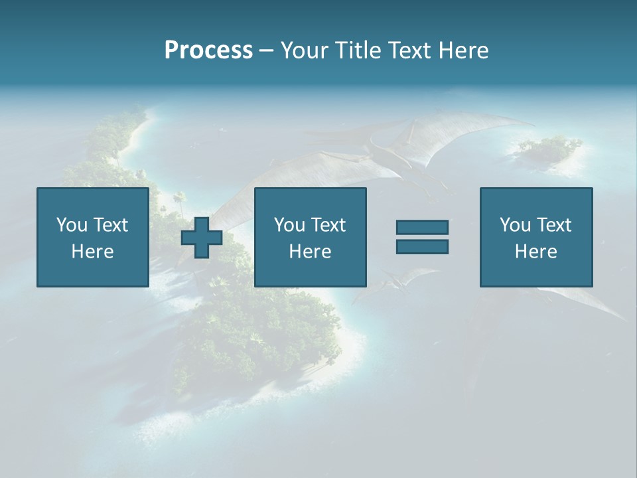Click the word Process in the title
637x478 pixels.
(x=208, y=50)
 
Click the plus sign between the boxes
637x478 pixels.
(x=202, y=238)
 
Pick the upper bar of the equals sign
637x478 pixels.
(x=422, y=227)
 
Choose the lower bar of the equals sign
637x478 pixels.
(x=422, y=247)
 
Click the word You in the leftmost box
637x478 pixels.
(x=72, y=225)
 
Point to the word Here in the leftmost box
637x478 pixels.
(x=93, y=252)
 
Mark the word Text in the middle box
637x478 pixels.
(x=328, y=225)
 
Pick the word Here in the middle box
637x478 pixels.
(x=311, y=252)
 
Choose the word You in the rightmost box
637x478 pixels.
(x=515, y=225)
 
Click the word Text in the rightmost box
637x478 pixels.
(x=554, y=225)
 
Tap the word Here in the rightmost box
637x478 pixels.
(x=536, y=252)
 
